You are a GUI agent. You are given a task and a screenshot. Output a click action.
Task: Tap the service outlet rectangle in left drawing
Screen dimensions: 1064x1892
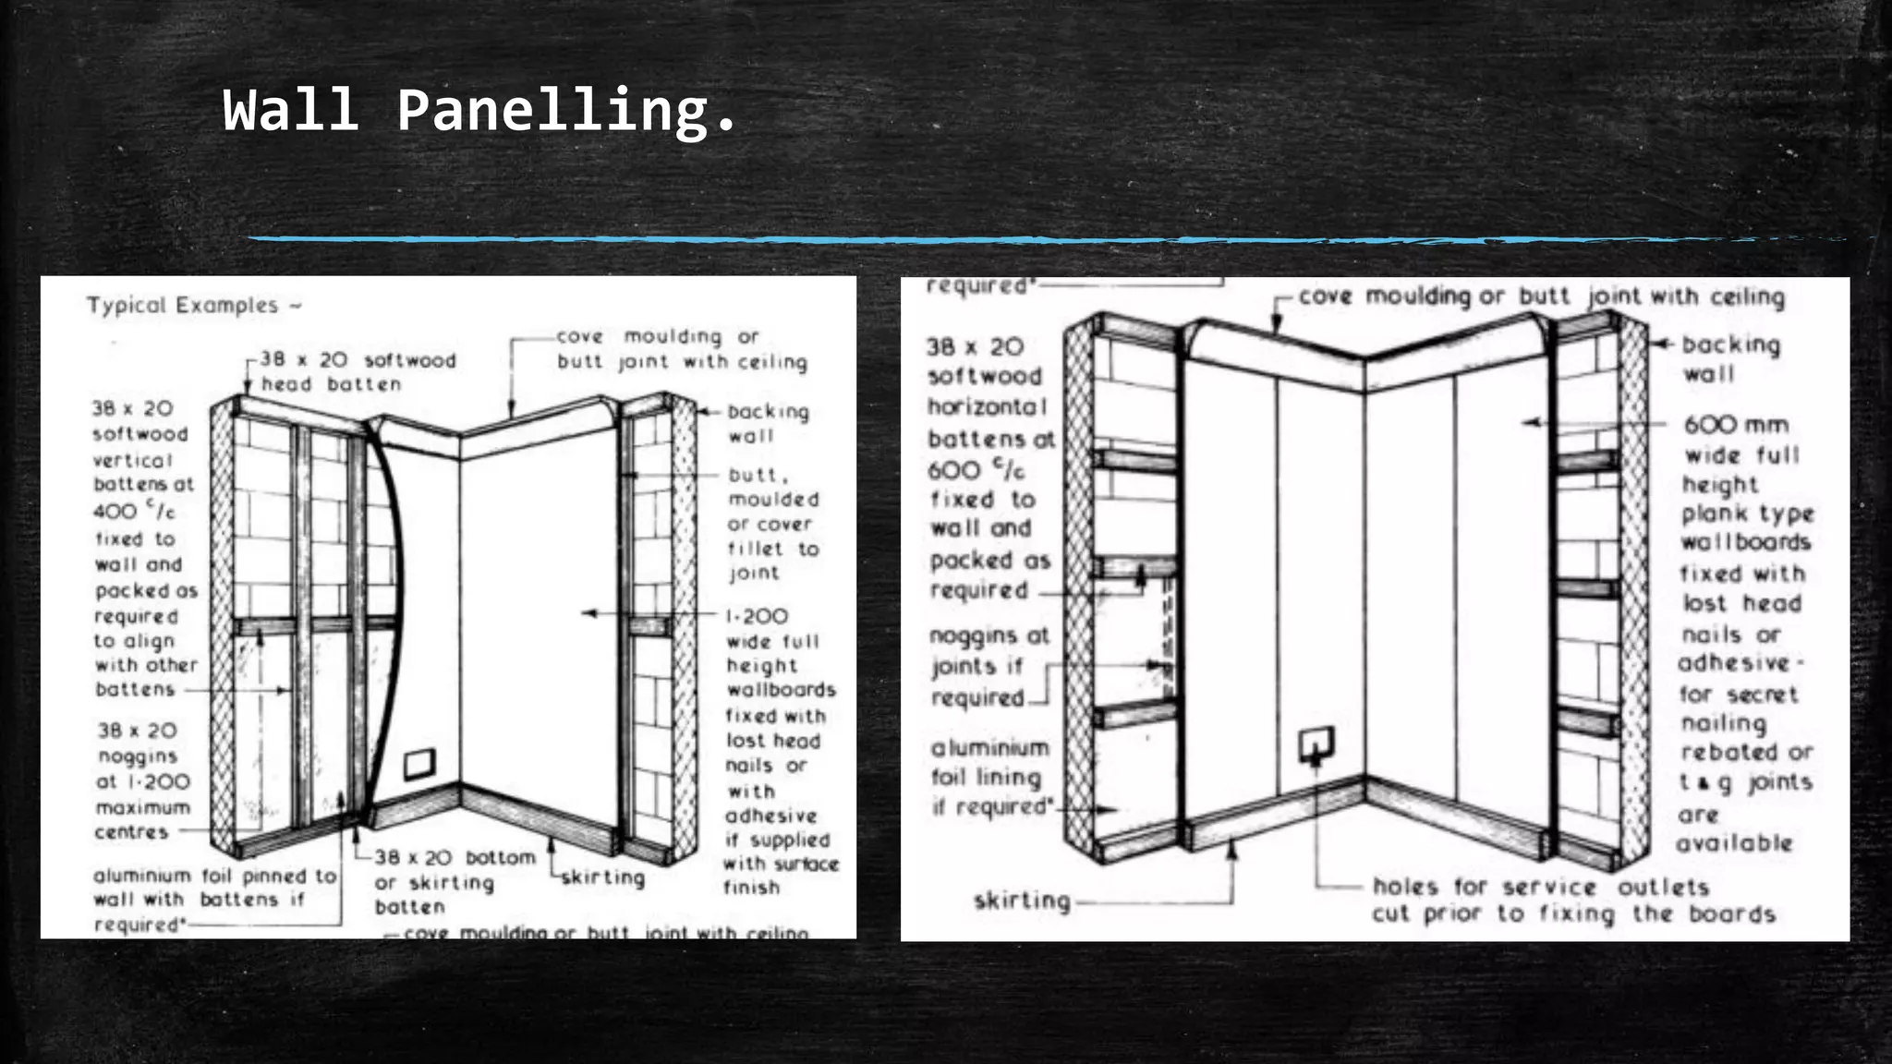point(418,764)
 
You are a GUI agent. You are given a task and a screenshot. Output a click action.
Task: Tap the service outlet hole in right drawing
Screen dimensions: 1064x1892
point(1316,744)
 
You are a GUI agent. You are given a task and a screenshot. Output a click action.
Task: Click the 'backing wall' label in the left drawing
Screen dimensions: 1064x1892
point(767,423)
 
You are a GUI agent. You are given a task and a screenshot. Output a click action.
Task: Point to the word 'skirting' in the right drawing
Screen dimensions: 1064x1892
point(1023,901)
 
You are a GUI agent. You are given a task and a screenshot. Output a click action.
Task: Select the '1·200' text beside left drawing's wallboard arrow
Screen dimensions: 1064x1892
point(757,616)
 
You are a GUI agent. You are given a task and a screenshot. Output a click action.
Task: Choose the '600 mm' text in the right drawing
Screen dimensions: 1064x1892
point(1736,425)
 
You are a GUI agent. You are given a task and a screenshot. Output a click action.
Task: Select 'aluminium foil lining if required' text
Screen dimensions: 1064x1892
point(989,777)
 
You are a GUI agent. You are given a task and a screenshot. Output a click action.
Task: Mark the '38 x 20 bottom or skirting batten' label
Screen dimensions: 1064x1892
point(454,881)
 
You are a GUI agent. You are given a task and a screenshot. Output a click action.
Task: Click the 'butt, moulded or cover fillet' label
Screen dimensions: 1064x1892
point(772,524)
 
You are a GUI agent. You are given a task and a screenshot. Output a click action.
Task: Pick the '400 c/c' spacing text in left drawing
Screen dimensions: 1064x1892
point(134,511)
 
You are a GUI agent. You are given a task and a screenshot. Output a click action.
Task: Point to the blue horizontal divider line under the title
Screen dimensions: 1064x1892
point(924,240)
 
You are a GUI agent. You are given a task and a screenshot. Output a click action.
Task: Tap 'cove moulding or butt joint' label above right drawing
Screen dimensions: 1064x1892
point(1540,297)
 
